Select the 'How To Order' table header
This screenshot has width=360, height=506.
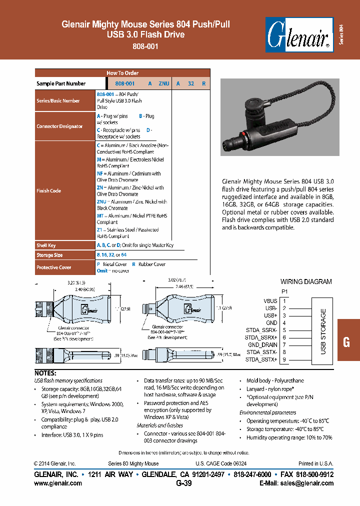click(122, 73)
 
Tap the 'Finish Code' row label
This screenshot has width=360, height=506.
click(48, 190)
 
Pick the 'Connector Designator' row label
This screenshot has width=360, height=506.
click(59, 126)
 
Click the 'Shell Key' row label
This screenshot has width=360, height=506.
click(46, 245)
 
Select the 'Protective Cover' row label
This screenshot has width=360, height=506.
click(53, 267)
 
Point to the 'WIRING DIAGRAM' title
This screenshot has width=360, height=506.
click(306, 281)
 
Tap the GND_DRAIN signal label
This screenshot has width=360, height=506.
click(262, 345)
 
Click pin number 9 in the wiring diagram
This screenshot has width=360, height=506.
click(284, 359)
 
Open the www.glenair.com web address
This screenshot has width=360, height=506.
click(58, 483)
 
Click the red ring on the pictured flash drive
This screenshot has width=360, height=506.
click(242, 133)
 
